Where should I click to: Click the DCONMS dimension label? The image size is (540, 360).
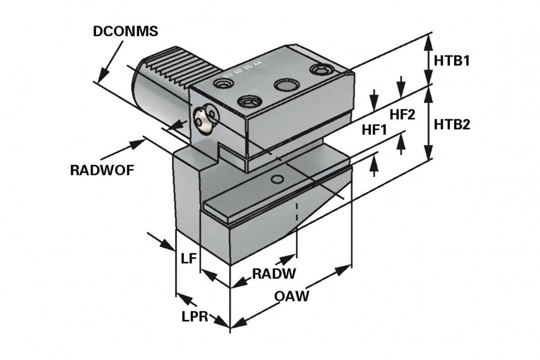(x=125, y=31)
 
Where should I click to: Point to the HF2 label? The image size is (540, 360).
(x=402, y=115)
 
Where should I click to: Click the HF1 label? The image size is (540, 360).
(x=374, y=130)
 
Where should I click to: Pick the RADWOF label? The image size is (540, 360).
(x=102, y=171)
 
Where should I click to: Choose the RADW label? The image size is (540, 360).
(x=273, y=273)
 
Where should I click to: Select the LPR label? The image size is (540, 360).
(x=194, y=316)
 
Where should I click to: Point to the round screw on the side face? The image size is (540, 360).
(x=205, y=118)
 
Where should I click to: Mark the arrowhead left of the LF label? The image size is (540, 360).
(x=168, y=244)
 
